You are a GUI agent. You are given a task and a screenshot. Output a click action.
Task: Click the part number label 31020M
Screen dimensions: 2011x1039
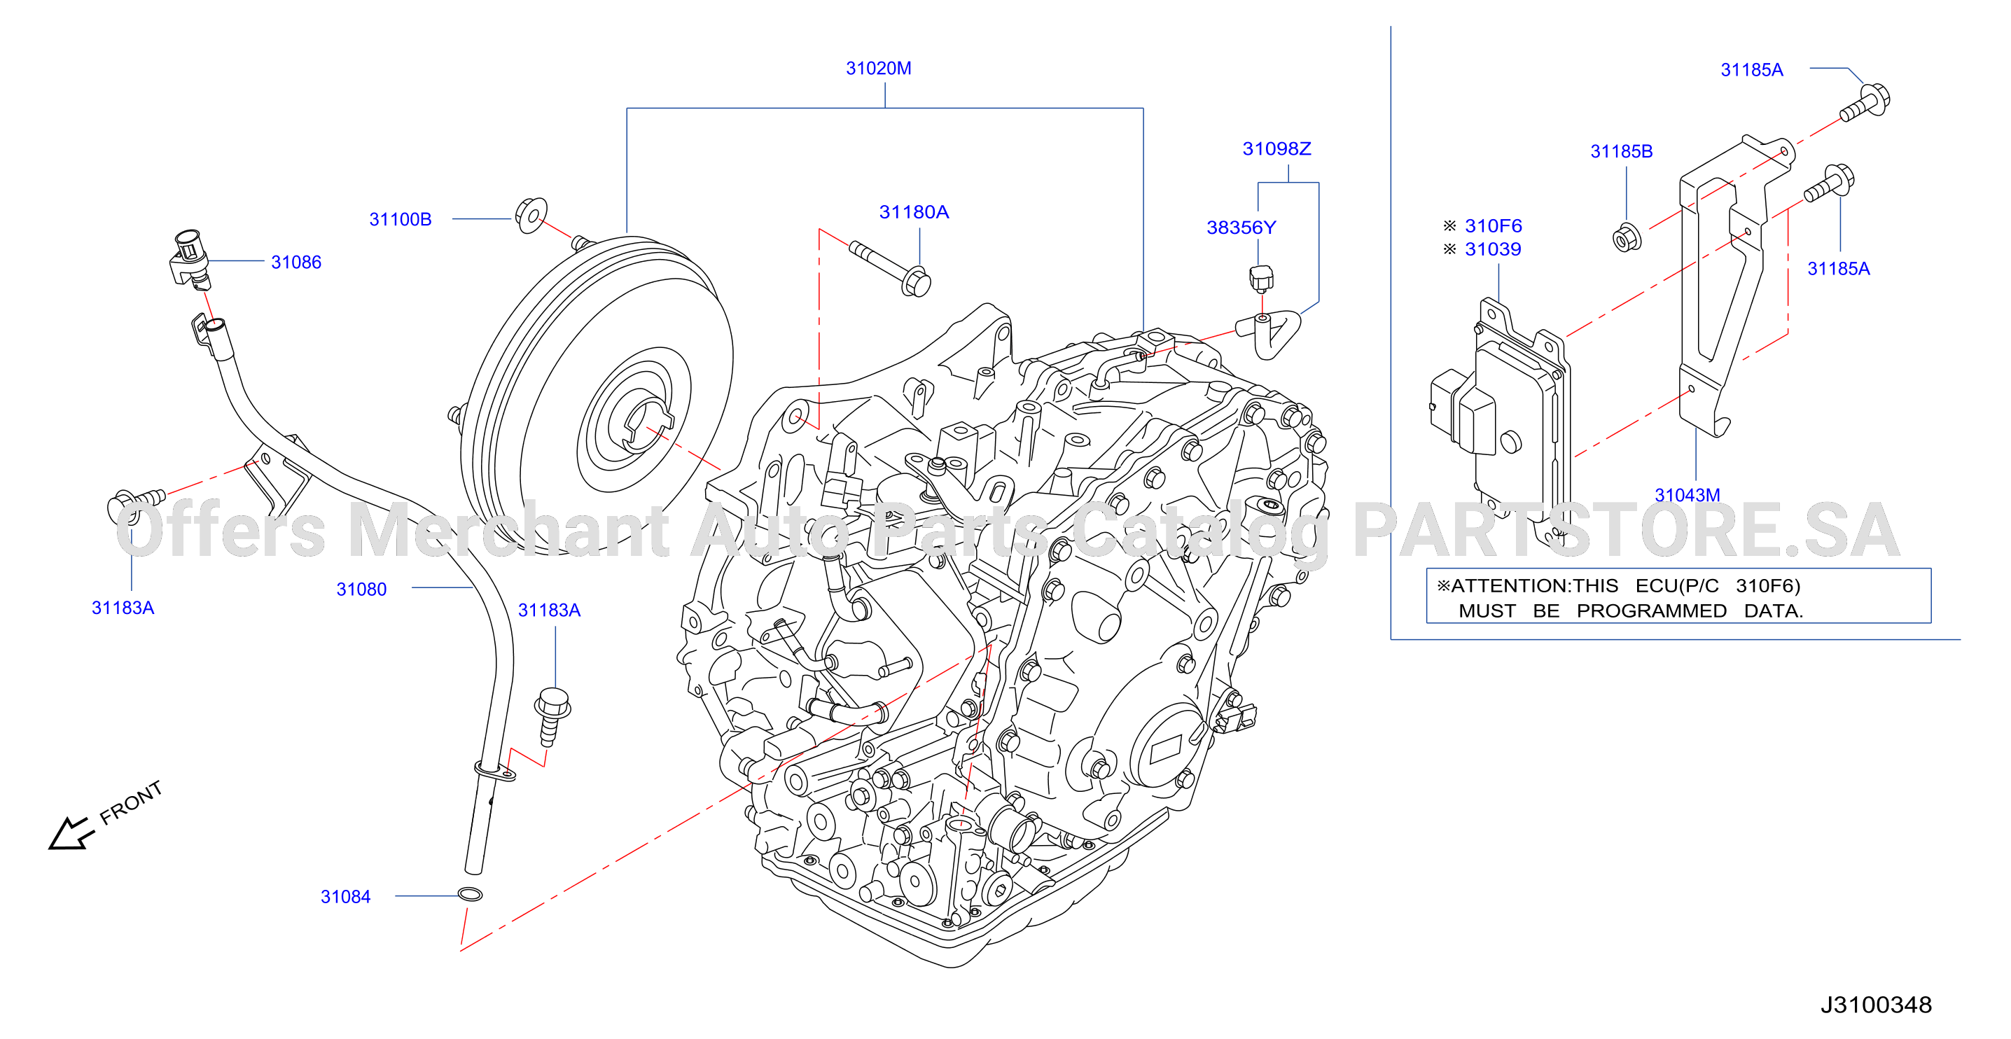click(x=878, y=69)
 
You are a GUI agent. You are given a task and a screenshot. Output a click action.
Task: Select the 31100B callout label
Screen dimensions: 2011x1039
click(x=400, y=219)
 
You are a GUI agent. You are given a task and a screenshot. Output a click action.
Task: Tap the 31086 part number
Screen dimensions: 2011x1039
click(x=296, y=263)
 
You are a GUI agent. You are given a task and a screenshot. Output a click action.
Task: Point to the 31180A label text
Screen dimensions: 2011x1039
click(x=913, y=212)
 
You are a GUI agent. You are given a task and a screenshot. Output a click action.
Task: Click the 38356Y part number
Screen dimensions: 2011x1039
click(x=1241, y=228)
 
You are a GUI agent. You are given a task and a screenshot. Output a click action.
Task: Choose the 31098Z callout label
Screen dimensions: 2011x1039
click(x=1276, y=149)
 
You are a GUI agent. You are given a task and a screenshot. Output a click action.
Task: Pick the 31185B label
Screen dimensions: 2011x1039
click(x=1622, y=151)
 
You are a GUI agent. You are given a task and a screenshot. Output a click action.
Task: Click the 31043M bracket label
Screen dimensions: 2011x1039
click(x=1687, y=495)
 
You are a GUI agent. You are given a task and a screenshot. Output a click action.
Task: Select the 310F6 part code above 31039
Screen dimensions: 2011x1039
click(x=1493, y=226)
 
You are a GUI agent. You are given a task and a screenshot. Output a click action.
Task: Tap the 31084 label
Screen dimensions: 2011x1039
click(x=345, y=897)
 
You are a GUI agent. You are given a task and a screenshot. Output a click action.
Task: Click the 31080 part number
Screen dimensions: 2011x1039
click(x=361, y=590)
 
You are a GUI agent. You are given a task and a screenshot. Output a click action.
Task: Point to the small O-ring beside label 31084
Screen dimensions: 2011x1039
click(x=469, y=895)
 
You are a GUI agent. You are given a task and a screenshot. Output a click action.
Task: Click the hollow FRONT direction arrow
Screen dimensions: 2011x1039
click(x=70, y=834)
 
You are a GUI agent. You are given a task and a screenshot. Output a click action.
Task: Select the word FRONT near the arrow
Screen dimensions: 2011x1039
click(x=131, y=802)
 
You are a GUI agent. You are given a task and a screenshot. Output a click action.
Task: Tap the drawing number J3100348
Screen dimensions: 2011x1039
click(x=1876, y=1005)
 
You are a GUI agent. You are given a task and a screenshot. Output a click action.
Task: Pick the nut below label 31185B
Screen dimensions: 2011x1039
click(x=1626, y=238)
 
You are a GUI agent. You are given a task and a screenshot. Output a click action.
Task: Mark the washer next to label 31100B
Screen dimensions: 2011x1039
click(x=531, y=215)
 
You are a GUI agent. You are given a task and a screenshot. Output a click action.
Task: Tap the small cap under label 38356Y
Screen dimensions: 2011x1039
click(x=1261, y=279)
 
